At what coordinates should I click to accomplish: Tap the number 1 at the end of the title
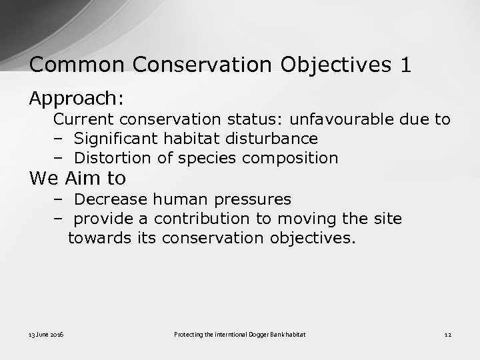coord(405,65)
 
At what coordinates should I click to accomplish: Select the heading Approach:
coord(76,99)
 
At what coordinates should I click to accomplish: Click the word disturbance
coord(274,139)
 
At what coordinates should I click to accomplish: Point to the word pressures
coord(257,200)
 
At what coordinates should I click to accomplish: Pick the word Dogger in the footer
coord(269,333)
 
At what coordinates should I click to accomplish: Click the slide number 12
coord(448,333)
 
